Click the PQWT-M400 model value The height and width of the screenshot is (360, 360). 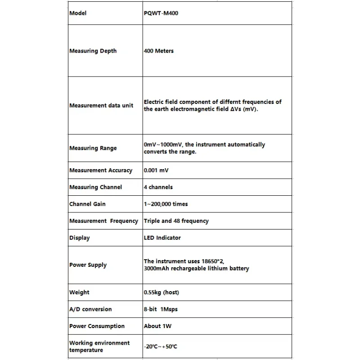pos(160,13)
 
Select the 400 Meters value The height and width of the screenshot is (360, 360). pos(158,51)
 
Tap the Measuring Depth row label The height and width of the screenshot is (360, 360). pos(93,51)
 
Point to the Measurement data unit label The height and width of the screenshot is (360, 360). pos(101,105)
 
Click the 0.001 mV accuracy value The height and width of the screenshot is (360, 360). pos(156,171)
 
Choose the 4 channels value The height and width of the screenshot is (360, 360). pos(158,187)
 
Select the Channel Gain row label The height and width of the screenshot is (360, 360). pos(87,204)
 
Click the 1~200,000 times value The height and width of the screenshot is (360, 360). pos(166,204)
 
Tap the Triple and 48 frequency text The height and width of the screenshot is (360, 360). pos(176,221)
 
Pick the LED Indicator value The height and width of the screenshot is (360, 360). pos(162,238)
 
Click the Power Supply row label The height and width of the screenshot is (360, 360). pos(88,265)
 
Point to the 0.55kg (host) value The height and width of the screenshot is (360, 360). pos(161,292)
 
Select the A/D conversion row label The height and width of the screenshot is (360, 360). pos(90,309)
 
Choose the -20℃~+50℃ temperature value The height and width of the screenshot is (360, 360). pos(160,346)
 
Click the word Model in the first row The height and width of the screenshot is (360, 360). pos(78,13)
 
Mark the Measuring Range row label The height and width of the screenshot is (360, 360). pos(93,148)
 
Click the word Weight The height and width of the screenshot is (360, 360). pos(79,292)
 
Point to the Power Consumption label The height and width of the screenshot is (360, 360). pos(97,326)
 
